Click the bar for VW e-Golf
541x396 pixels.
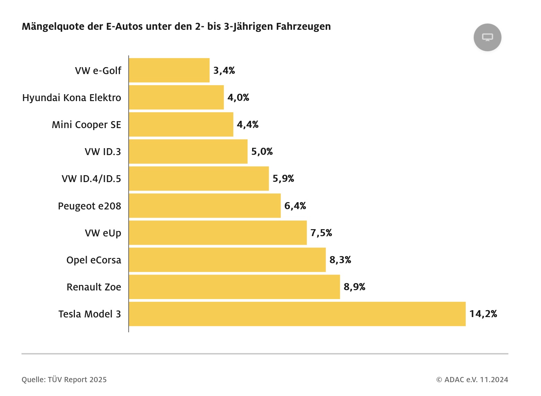(x=169, y=70)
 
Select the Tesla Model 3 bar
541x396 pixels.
(x=297, y=314)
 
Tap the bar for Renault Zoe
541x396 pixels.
(x=234, y=287)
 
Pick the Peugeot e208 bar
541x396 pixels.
(x=205, y=206)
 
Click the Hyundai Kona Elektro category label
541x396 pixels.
(x=71, y=98)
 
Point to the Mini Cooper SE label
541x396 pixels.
(x=86, y=125)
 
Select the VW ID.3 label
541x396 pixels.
(x=103, y=152)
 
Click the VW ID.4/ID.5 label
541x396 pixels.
(x=91, y=179)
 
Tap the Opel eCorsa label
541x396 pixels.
(x=94, y=260)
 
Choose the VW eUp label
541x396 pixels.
(x=103, y=233)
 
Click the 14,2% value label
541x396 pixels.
(x=483, y=314)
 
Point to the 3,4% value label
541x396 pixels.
(x=224, y=71)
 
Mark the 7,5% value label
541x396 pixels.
(x=321, y=233)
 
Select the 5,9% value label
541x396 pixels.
(x=283, y=179)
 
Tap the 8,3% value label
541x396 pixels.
(x=340, y=260)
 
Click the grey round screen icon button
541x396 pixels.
(x=487, y=37)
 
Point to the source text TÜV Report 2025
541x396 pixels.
(x=77, y=380)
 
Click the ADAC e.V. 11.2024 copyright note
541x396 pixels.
(x=472, y=380)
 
